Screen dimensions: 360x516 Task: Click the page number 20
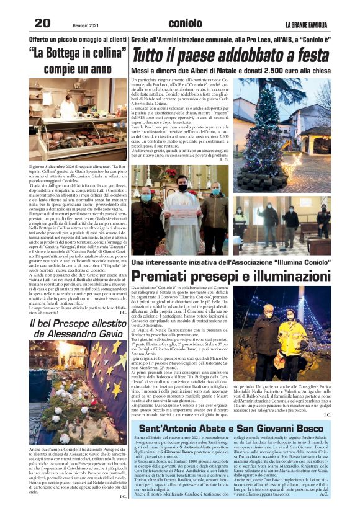point(42,24)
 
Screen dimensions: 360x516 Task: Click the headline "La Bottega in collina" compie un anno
point(78,60)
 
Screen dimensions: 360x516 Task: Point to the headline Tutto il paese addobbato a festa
point(231,56)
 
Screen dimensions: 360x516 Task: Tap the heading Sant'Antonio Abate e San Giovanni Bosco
point(232,429)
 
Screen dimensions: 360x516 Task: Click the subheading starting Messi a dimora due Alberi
point(231,70)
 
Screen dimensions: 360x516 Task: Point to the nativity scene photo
point(78,391)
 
